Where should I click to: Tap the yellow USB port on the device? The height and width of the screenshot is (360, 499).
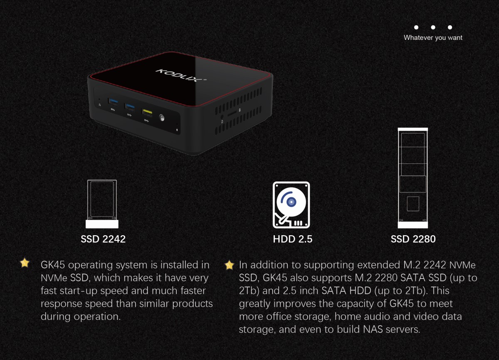pyautogui.click(x=147, y=112)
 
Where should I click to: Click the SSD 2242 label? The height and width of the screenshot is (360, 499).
pyautogui.click(x=103, y=239)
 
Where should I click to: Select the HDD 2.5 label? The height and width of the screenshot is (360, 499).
pyautogui.click(x=293, y=239)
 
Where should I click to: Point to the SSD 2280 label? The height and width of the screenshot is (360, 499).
pyautogui.click(x=413, y=239)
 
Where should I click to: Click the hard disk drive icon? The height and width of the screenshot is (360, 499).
pyautogui.click(x=291, y=205)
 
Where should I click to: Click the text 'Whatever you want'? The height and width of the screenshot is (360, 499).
pyautogui.click(x=433, y=38)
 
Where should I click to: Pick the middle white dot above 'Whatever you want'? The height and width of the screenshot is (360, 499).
pyautogui.click(x=433, y=27)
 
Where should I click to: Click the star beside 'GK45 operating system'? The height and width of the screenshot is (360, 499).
pyautogui.click(x=25, y=263)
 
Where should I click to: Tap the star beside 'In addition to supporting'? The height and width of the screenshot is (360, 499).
pyautogui.click(x=229, y=265)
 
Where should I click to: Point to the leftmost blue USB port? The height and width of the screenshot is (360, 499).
pyautogui.click(x=113, y=102)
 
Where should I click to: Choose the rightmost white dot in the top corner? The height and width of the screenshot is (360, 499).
pyautogui.click(x=450, y=27)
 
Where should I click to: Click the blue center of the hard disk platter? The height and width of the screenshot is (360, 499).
pyautogui.click(x=291, y=202)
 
